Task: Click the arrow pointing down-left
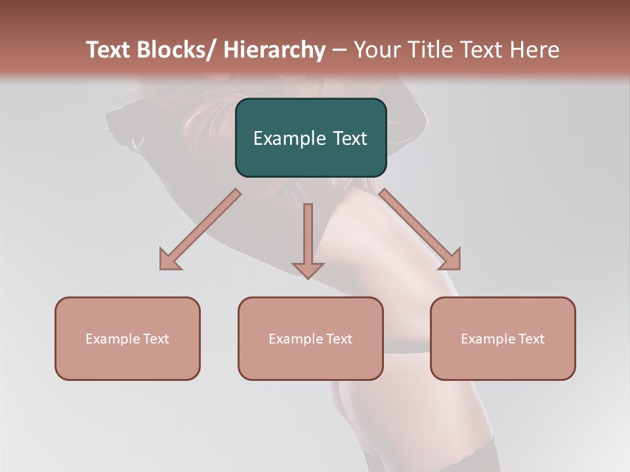[200, 229]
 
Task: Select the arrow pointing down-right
[420, 229]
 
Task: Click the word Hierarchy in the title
[274, 50]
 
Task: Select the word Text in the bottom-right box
[532, 339]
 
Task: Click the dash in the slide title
[339, 50]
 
